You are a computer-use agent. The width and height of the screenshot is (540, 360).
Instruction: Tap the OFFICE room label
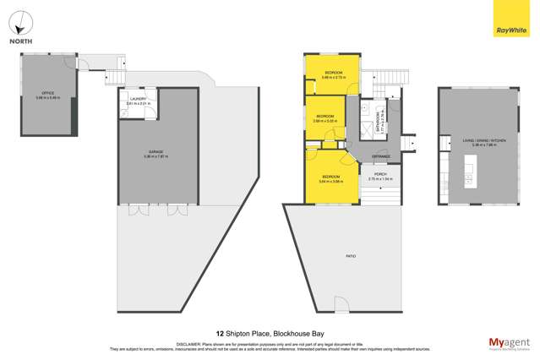[47, 95]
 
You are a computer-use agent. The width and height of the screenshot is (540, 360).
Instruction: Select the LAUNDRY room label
[137, 101]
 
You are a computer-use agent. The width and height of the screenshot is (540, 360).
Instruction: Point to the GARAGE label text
[155, 153]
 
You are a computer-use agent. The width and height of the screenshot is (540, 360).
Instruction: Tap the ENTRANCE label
[380, 156]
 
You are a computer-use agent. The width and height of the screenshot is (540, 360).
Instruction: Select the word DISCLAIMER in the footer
[189, 344]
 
